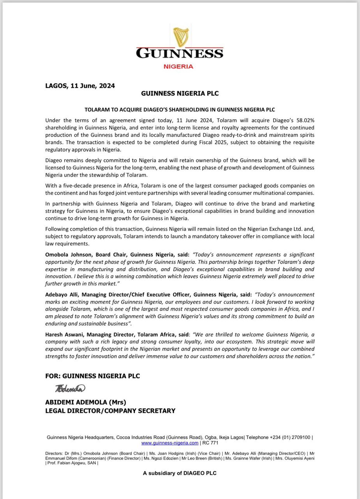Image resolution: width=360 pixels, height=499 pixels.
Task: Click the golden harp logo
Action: click(180, 37)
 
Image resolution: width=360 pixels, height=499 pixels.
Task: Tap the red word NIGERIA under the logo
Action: click(178, 66)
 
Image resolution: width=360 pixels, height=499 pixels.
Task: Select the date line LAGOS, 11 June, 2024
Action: click(80, 86)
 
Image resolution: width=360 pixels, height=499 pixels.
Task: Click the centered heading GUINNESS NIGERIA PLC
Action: click(180, 94)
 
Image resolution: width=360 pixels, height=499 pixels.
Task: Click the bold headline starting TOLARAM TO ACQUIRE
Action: click(180, 110)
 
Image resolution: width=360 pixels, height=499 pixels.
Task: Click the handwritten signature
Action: click(70, 388)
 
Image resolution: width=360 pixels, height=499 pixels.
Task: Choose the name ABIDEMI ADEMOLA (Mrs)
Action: click(86, 402)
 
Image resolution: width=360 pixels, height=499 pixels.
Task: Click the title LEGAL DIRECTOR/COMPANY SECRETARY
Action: click(110, 411)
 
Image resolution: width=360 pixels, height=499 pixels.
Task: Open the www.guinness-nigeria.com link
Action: click(169, 443)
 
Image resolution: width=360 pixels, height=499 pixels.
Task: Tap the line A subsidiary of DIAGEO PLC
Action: click(180, 473)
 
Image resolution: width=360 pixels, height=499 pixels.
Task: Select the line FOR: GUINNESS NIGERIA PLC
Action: click(92, 376)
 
